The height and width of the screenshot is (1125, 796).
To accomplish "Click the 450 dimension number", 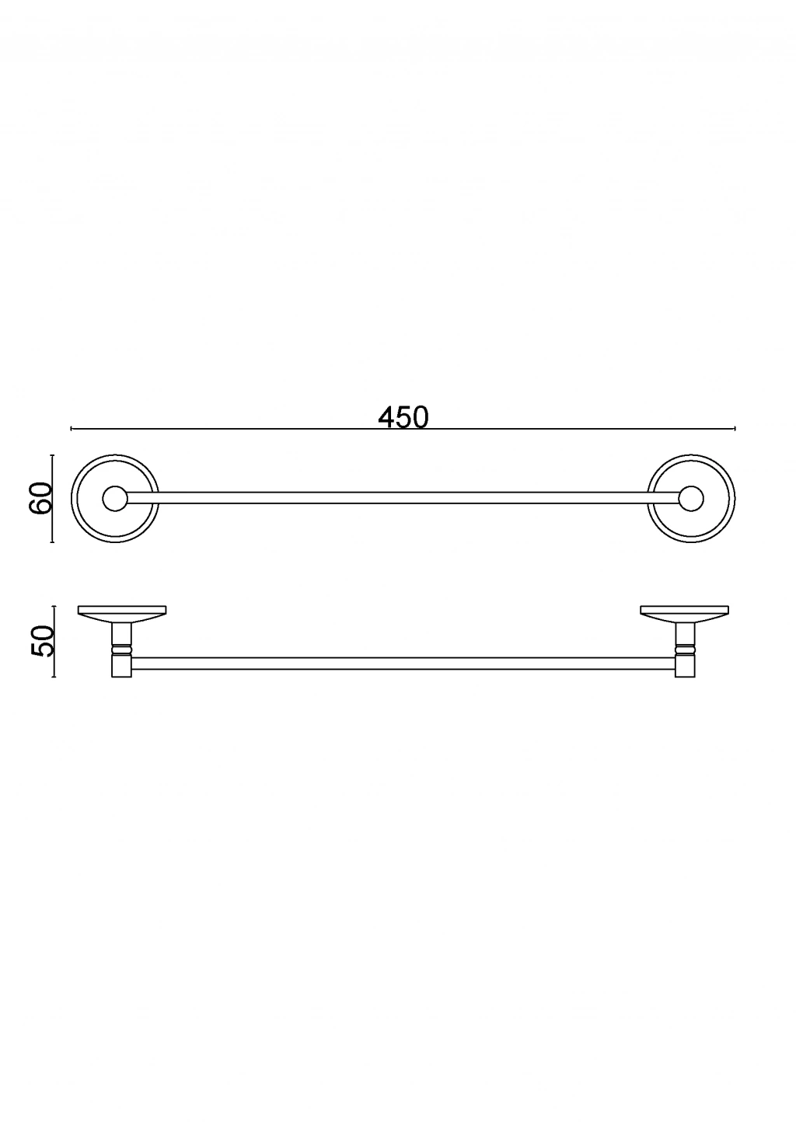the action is pyautogui.click(x=403, y=417).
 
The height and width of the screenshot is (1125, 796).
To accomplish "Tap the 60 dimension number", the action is pyautogui.click(x=41, y=498).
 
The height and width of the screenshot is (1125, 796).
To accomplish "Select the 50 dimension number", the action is pyautogui.click(x=42, y=641).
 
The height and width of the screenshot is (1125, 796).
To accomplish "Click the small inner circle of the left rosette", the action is pyautogui.click(x=115, y=499).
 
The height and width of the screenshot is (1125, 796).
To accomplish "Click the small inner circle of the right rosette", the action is pyautogui.click(x=691, y=499).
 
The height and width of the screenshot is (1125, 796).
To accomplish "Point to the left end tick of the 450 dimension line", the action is pyautogui.click(x=71, y=428).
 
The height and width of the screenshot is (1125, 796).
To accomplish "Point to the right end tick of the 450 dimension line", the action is pyautogui.click(x=735, y=428).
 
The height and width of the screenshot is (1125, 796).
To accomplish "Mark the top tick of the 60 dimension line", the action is pyautogui.click(x=52, y=455).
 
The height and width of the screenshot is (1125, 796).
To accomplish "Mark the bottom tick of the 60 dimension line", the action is pyautogui.click(x=52, y=542).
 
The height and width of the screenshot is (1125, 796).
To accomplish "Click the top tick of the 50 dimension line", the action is pyautogui.click(x=54, y=606).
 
